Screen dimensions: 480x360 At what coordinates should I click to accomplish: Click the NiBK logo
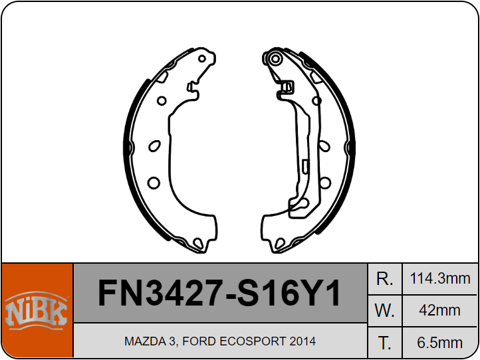coord(37,310)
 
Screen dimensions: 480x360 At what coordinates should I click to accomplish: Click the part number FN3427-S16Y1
coord(219,293)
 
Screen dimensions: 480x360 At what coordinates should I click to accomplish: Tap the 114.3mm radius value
coord(439,279)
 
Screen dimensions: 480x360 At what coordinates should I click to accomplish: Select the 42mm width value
coord(439,310)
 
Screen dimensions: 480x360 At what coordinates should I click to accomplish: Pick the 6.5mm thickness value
coord(439,343)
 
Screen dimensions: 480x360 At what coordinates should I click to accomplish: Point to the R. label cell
coord(384,279)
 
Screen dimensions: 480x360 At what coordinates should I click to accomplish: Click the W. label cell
coord(384,311)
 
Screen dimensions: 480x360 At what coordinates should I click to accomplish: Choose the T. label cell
coord(384,343)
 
